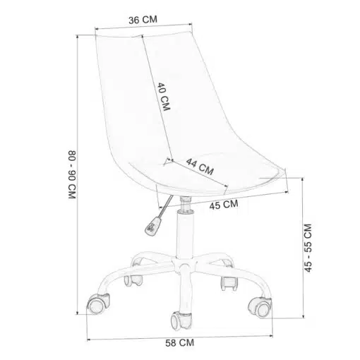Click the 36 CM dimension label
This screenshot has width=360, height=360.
[143, 20]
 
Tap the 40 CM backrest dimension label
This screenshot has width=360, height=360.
[164, 97]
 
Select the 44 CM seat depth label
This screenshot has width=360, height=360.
[200, 167]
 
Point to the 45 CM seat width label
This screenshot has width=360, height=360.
[224, 205]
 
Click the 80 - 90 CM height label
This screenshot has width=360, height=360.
[72, 174]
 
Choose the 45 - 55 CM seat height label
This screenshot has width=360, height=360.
[308, 248]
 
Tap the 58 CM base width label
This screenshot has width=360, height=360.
[180, 343]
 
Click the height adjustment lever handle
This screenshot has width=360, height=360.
[152, 226]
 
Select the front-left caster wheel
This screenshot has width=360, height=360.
[98, 304]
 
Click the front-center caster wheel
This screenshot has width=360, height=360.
[181, 321]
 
